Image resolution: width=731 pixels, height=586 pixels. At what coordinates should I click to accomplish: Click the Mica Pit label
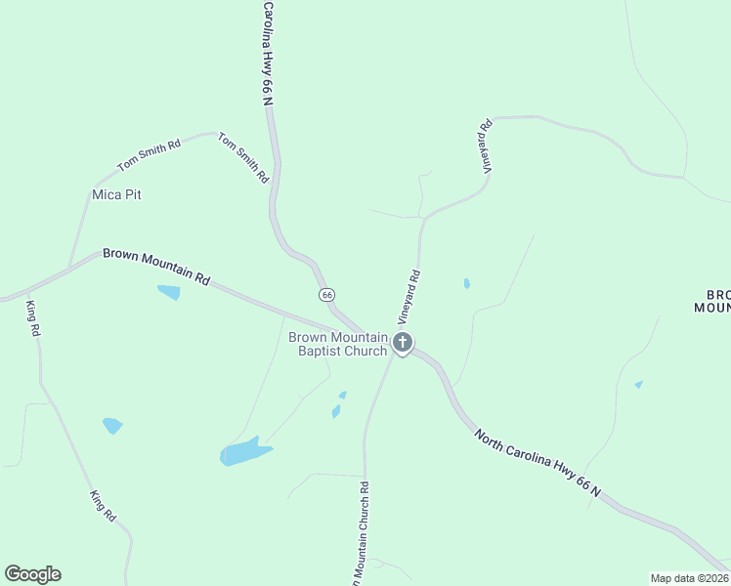coord(116,194)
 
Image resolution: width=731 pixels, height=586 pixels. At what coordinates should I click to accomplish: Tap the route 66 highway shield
coord(326,295)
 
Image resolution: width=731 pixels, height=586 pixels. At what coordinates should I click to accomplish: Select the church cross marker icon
coord(403,343)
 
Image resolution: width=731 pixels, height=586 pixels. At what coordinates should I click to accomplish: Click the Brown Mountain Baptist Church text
coord(338,344)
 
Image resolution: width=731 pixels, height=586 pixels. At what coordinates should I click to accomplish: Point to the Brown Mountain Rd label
coord(156,265)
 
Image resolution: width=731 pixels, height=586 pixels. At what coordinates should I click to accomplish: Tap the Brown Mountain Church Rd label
coord(357,532)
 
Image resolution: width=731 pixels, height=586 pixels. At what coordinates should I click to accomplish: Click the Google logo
coord(32,574)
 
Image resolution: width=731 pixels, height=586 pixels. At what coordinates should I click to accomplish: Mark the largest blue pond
coord(244,452)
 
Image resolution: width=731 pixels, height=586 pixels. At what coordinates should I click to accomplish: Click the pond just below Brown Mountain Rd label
coord(169,292)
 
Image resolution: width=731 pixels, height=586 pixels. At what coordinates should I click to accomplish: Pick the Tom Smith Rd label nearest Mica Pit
coord(149,155)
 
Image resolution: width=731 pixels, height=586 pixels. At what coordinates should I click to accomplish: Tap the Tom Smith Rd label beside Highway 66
coord(242,158)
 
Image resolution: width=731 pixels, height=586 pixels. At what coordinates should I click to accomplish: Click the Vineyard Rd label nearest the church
coord(408,297)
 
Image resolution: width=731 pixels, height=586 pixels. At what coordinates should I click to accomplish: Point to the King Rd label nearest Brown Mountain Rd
coord(32,318)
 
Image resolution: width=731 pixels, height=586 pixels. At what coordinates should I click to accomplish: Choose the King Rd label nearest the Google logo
coord(104,506)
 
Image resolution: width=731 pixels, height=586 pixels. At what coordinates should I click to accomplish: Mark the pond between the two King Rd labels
coord(112,426)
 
